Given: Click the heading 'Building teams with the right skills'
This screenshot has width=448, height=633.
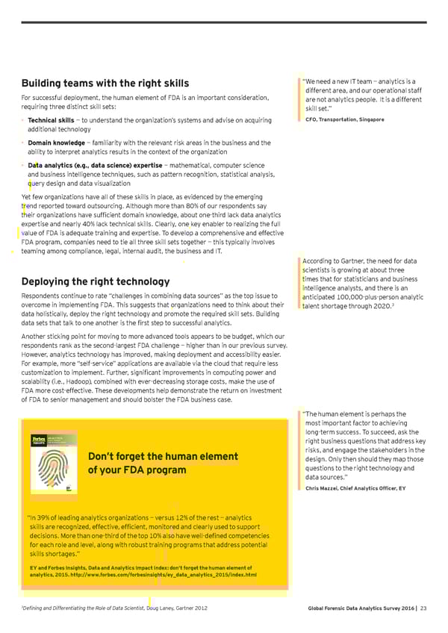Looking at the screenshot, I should [x=105, y=83].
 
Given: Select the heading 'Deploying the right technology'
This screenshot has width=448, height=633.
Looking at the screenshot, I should [x=96, y=281].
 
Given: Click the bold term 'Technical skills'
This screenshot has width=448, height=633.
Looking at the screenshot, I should [x=50, y=120].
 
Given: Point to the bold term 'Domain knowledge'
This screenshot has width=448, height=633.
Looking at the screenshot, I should [x=56, y=143].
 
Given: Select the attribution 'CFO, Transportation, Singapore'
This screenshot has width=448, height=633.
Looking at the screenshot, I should [x=345, y=119].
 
